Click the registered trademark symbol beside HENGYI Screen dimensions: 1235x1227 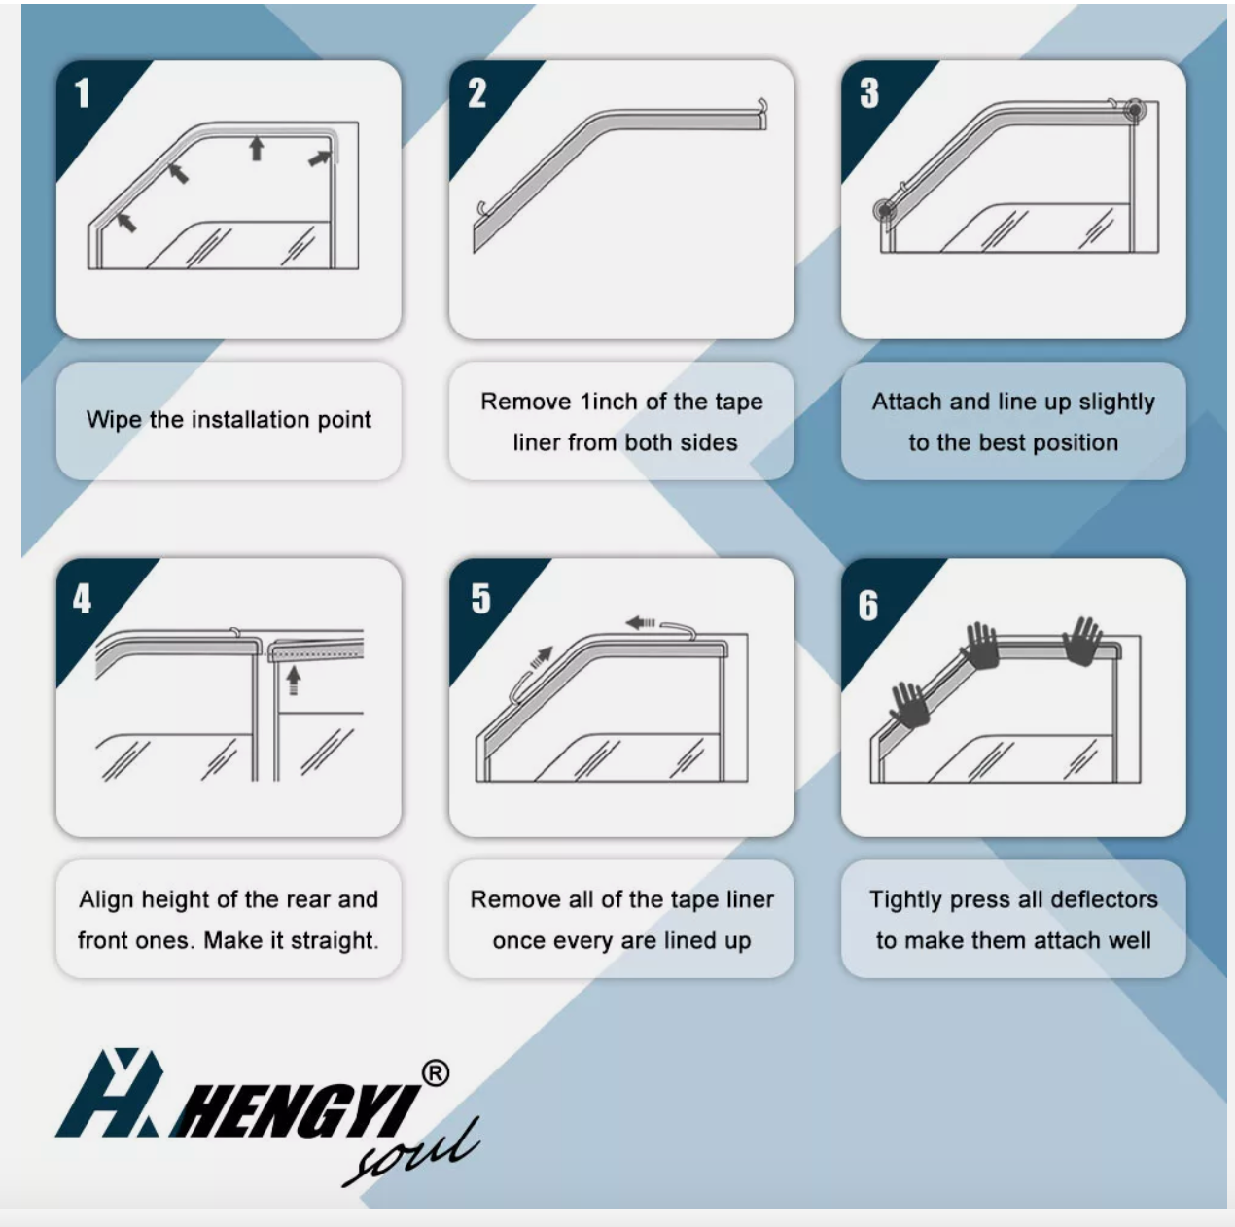(436, 1072)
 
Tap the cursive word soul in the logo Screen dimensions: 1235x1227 (410, 1154)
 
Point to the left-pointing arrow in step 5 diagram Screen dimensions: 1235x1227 (640, 622)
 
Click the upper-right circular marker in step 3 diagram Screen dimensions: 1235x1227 (1135, 110)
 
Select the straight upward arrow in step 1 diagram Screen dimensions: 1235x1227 (257, 148)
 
